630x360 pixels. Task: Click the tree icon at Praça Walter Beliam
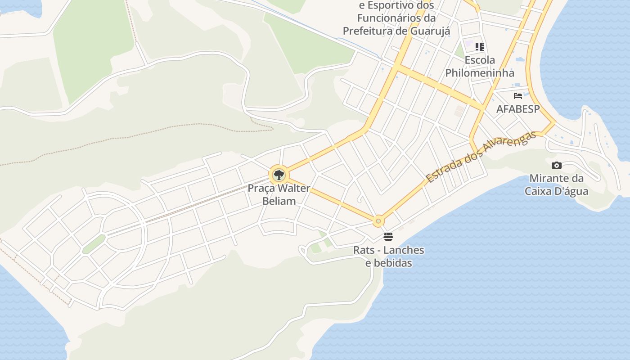tap(279, 175)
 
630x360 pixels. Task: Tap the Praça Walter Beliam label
tap(279, 194)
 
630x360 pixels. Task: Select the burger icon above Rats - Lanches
tap(388, 236)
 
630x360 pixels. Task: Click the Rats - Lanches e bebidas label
tap(388, 256)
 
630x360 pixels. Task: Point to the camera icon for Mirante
tap(556, 165)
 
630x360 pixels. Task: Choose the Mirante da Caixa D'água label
tap(556, 184)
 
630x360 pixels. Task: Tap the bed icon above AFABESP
tap(518, 96)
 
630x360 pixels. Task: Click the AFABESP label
tap(517, 109)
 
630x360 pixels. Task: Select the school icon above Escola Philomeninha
tap(480, 46)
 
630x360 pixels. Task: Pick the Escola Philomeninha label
tap(480, 66)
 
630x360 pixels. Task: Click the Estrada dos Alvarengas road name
tap(481, 157)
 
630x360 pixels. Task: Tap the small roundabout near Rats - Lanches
tap(378, 221)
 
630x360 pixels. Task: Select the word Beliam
tap(279, 201)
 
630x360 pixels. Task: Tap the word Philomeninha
tap(480, 72)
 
